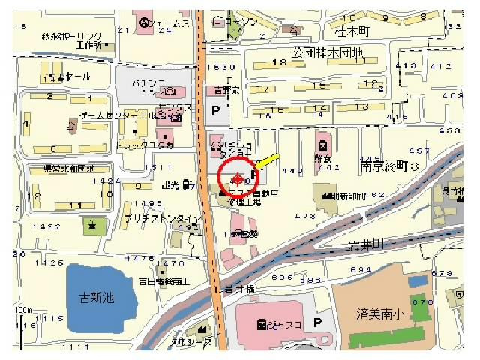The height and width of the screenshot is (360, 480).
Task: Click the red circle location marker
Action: (237, 178)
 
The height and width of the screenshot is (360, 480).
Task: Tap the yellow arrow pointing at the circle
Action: (266, 160)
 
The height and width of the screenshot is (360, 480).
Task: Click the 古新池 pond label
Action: (97, 298)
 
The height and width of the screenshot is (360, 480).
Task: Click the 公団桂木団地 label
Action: (327, 53)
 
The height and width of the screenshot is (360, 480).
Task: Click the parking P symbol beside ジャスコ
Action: (317, 322)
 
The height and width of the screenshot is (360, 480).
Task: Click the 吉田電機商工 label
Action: (163, 281)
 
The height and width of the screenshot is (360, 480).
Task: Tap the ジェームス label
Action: (169, 24)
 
